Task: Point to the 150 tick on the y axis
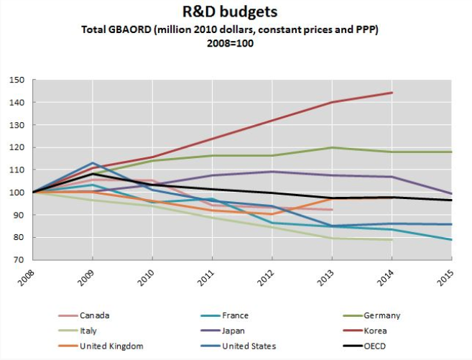(16, 80)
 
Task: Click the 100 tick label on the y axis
(16, 193)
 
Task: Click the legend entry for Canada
(87, 314)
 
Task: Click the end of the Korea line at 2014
(392, 93)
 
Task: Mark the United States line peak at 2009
(93, 163)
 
